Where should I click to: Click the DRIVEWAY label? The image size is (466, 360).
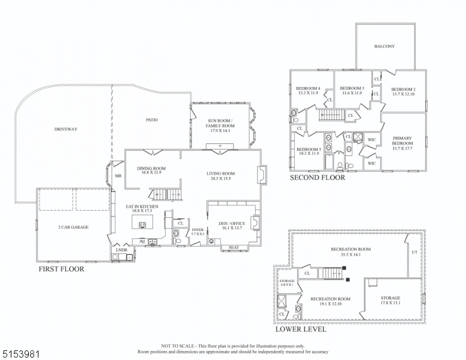pos(66,129)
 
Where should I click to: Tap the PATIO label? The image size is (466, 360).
pos(152,120)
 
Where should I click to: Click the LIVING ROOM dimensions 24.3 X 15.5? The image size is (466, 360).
pos(220,179)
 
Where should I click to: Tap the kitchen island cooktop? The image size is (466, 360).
pos(143,225)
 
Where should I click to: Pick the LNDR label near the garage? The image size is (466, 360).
pos(122,248)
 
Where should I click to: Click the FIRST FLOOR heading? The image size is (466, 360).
pos(61,269)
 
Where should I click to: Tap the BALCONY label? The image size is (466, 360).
pos(384,46)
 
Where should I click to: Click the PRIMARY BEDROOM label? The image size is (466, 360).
pos(402,141)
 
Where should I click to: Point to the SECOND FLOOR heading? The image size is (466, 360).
pos(318,178)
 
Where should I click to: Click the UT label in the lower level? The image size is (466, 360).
pos(414,253)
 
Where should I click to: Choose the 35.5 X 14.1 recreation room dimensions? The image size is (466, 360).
pos(351,255)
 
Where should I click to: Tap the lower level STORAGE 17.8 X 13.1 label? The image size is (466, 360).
pos(390,298)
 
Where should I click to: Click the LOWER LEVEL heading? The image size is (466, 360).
pos(301,329)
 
